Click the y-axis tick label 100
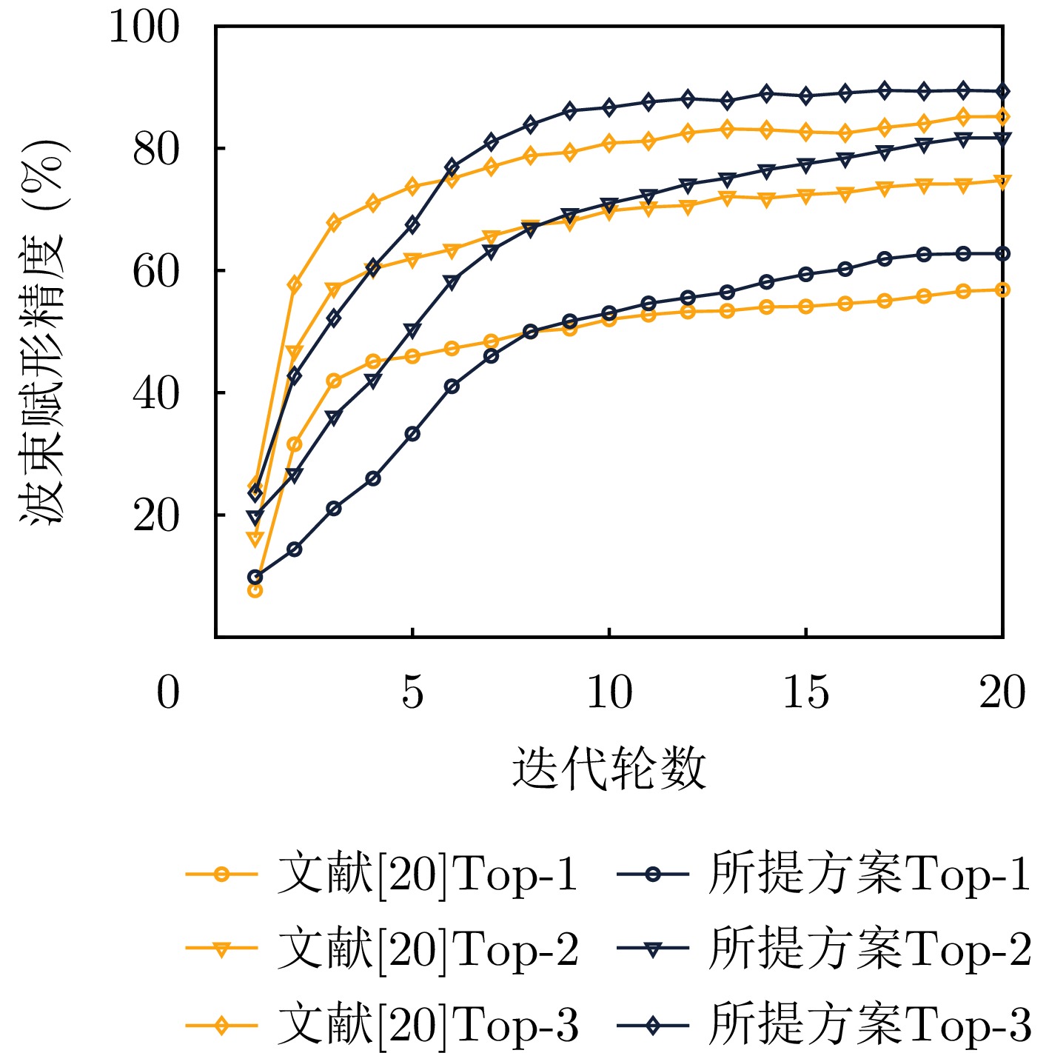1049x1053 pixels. coord(144,28)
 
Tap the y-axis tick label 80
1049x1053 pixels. coord(156,150)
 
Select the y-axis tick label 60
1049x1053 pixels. coord(156,272)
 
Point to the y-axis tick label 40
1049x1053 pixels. coord(156,393)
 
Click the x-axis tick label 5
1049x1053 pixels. coord(412,693)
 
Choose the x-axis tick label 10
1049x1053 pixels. coord(609,693)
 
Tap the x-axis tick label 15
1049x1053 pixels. coord(805,693)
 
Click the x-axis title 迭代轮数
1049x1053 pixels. coord(609,768)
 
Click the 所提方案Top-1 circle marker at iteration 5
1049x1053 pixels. coord(412,434)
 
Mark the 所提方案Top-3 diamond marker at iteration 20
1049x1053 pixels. coord(1002,92)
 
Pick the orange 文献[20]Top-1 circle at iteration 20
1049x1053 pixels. coord(1002,290)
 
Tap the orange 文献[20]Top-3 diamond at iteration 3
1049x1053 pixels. coord(334,222)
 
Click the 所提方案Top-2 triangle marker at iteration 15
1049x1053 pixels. coord(805,164)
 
